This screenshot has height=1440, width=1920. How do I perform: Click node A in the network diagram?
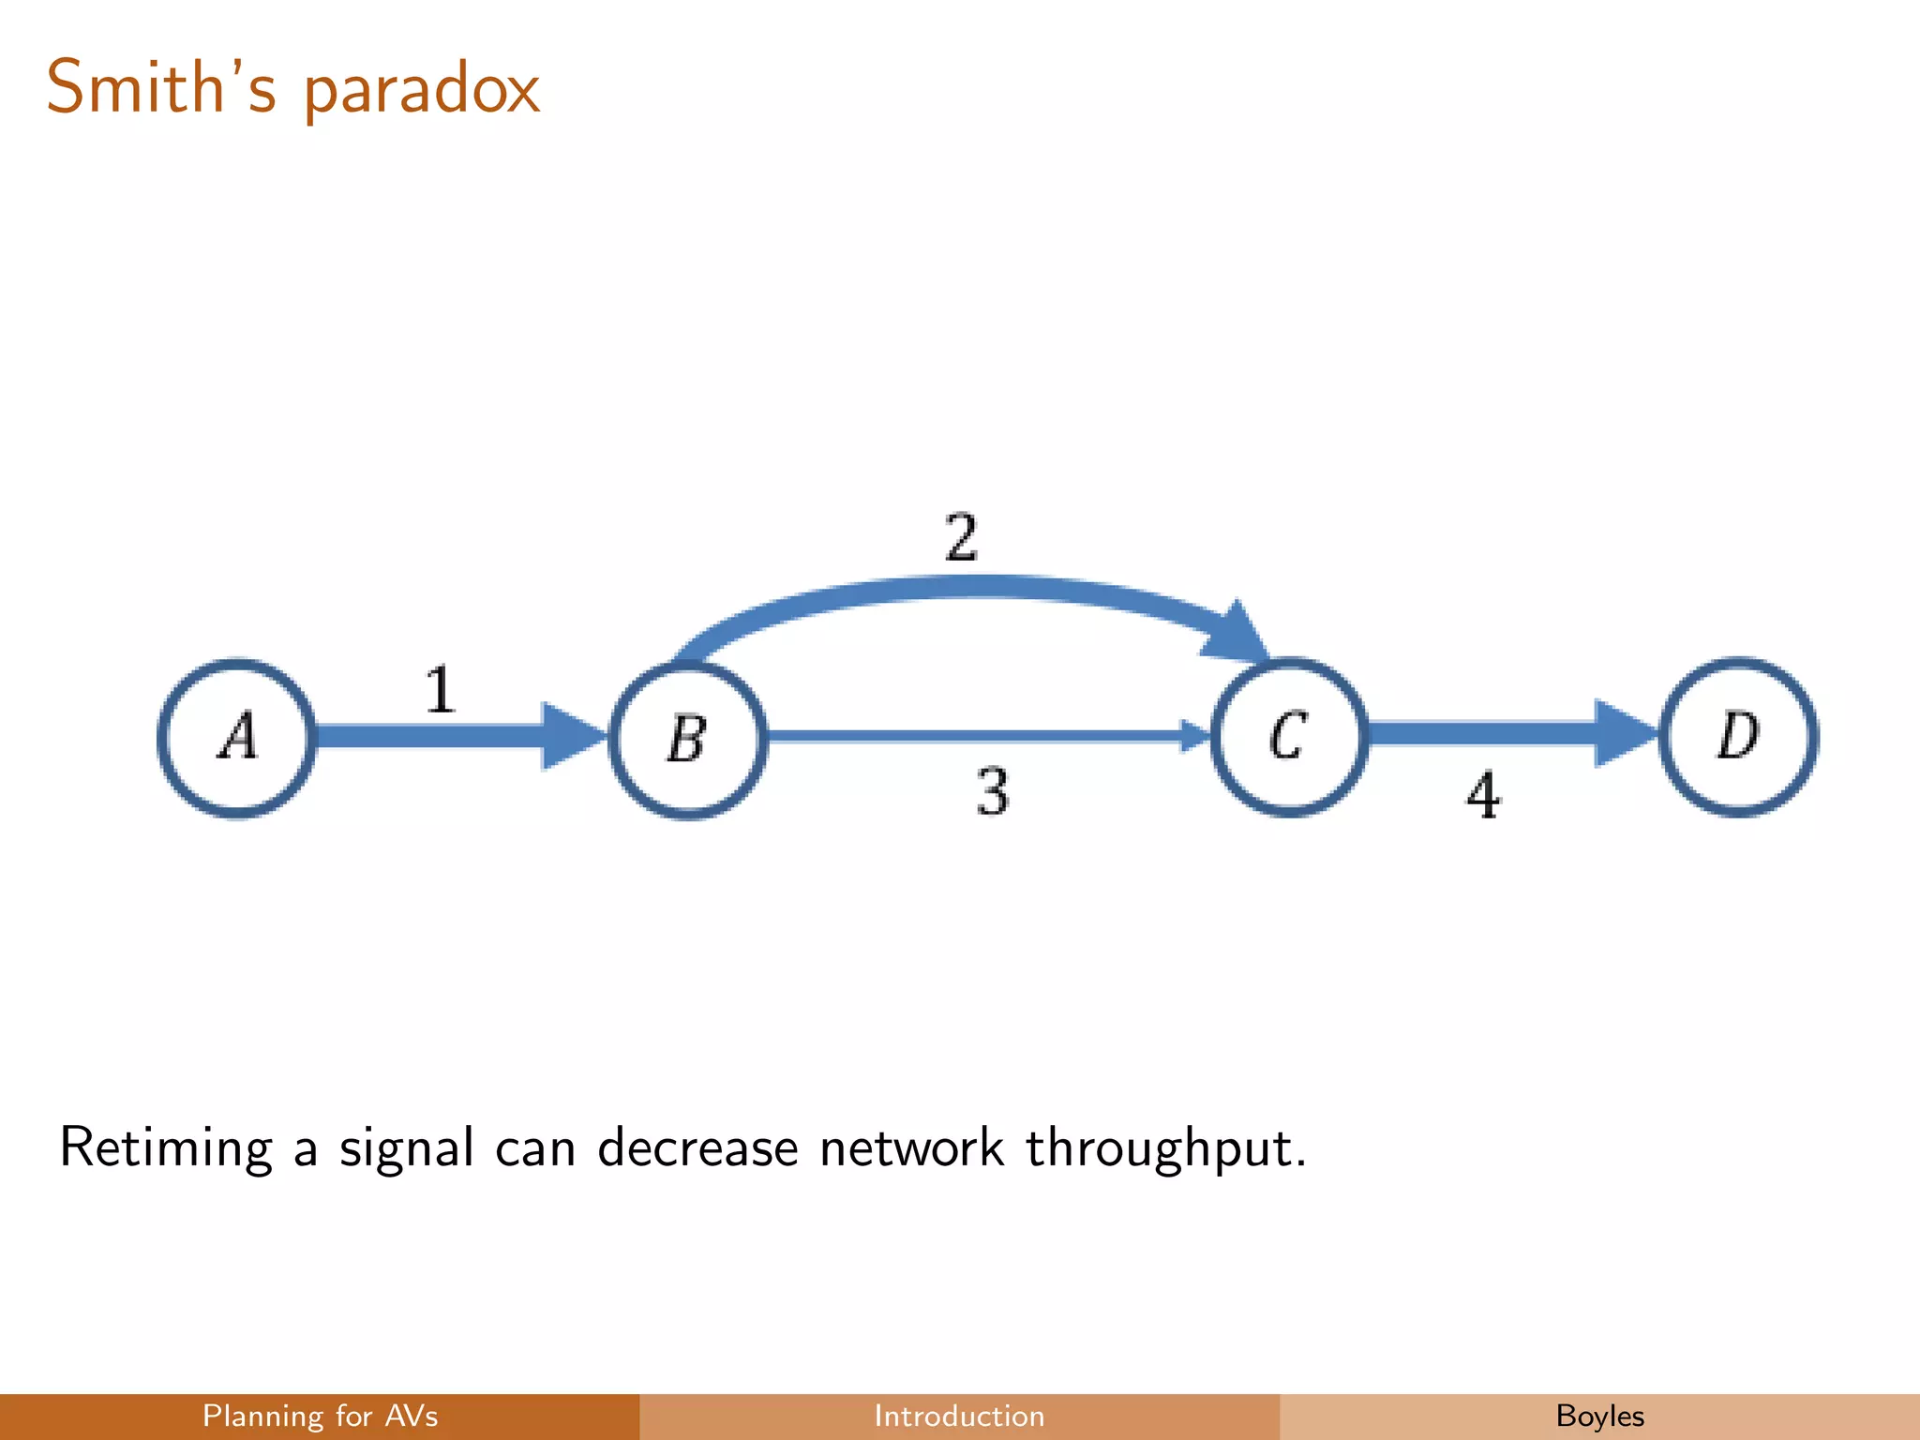tap(236, 738)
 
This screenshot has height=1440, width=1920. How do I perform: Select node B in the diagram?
tap(687, 740)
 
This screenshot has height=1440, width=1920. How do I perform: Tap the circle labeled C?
tap(1289, 737)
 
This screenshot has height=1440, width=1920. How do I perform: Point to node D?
tap(1739, 736)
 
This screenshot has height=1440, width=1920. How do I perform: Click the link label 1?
tap(440, 690)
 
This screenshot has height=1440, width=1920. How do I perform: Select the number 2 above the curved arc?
tap(961, 538)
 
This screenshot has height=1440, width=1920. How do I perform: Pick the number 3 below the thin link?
tap(993, 792)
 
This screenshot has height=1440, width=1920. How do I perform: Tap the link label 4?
tap(1483, 796)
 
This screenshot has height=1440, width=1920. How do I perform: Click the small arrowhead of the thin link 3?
tap(1194, 736)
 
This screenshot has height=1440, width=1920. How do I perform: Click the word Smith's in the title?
tap(161, 87)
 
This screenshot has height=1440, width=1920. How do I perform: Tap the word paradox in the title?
tap(422, 92)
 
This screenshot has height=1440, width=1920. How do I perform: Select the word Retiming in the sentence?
tap(166, 1147)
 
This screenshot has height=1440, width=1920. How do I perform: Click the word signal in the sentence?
tap(406, 1149)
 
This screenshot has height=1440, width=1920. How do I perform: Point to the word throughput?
tap(1164, 1149)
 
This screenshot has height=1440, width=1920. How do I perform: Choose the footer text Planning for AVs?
tap(320, 1416)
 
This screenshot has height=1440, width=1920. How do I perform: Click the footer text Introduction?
tap(959, 1416)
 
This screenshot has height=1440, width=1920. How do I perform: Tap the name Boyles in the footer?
tap(1599, 1416)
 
